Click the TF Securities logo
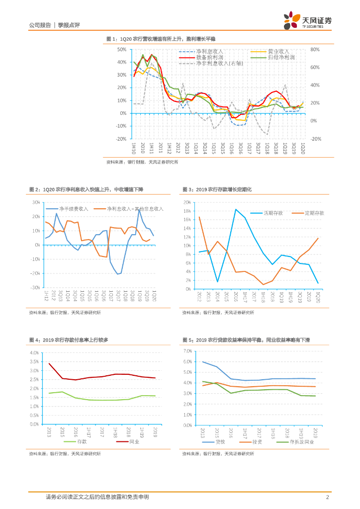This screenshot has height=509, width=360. click(308, 21)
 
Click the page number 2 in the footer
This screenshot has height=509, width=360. click(327, 497)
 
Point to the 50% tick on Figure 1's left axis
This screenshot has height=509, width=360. click(121, 50)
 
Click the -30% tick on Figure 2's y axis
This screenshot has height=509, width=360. click(35, 287)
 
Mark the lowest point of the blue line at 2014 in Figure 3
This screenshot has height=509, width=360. click(217, 282)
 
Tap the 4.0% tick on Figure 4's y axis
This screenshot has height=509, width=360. click(34, 352)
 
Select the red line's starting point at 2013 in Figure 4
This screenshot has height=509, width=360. click(49, 363)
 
